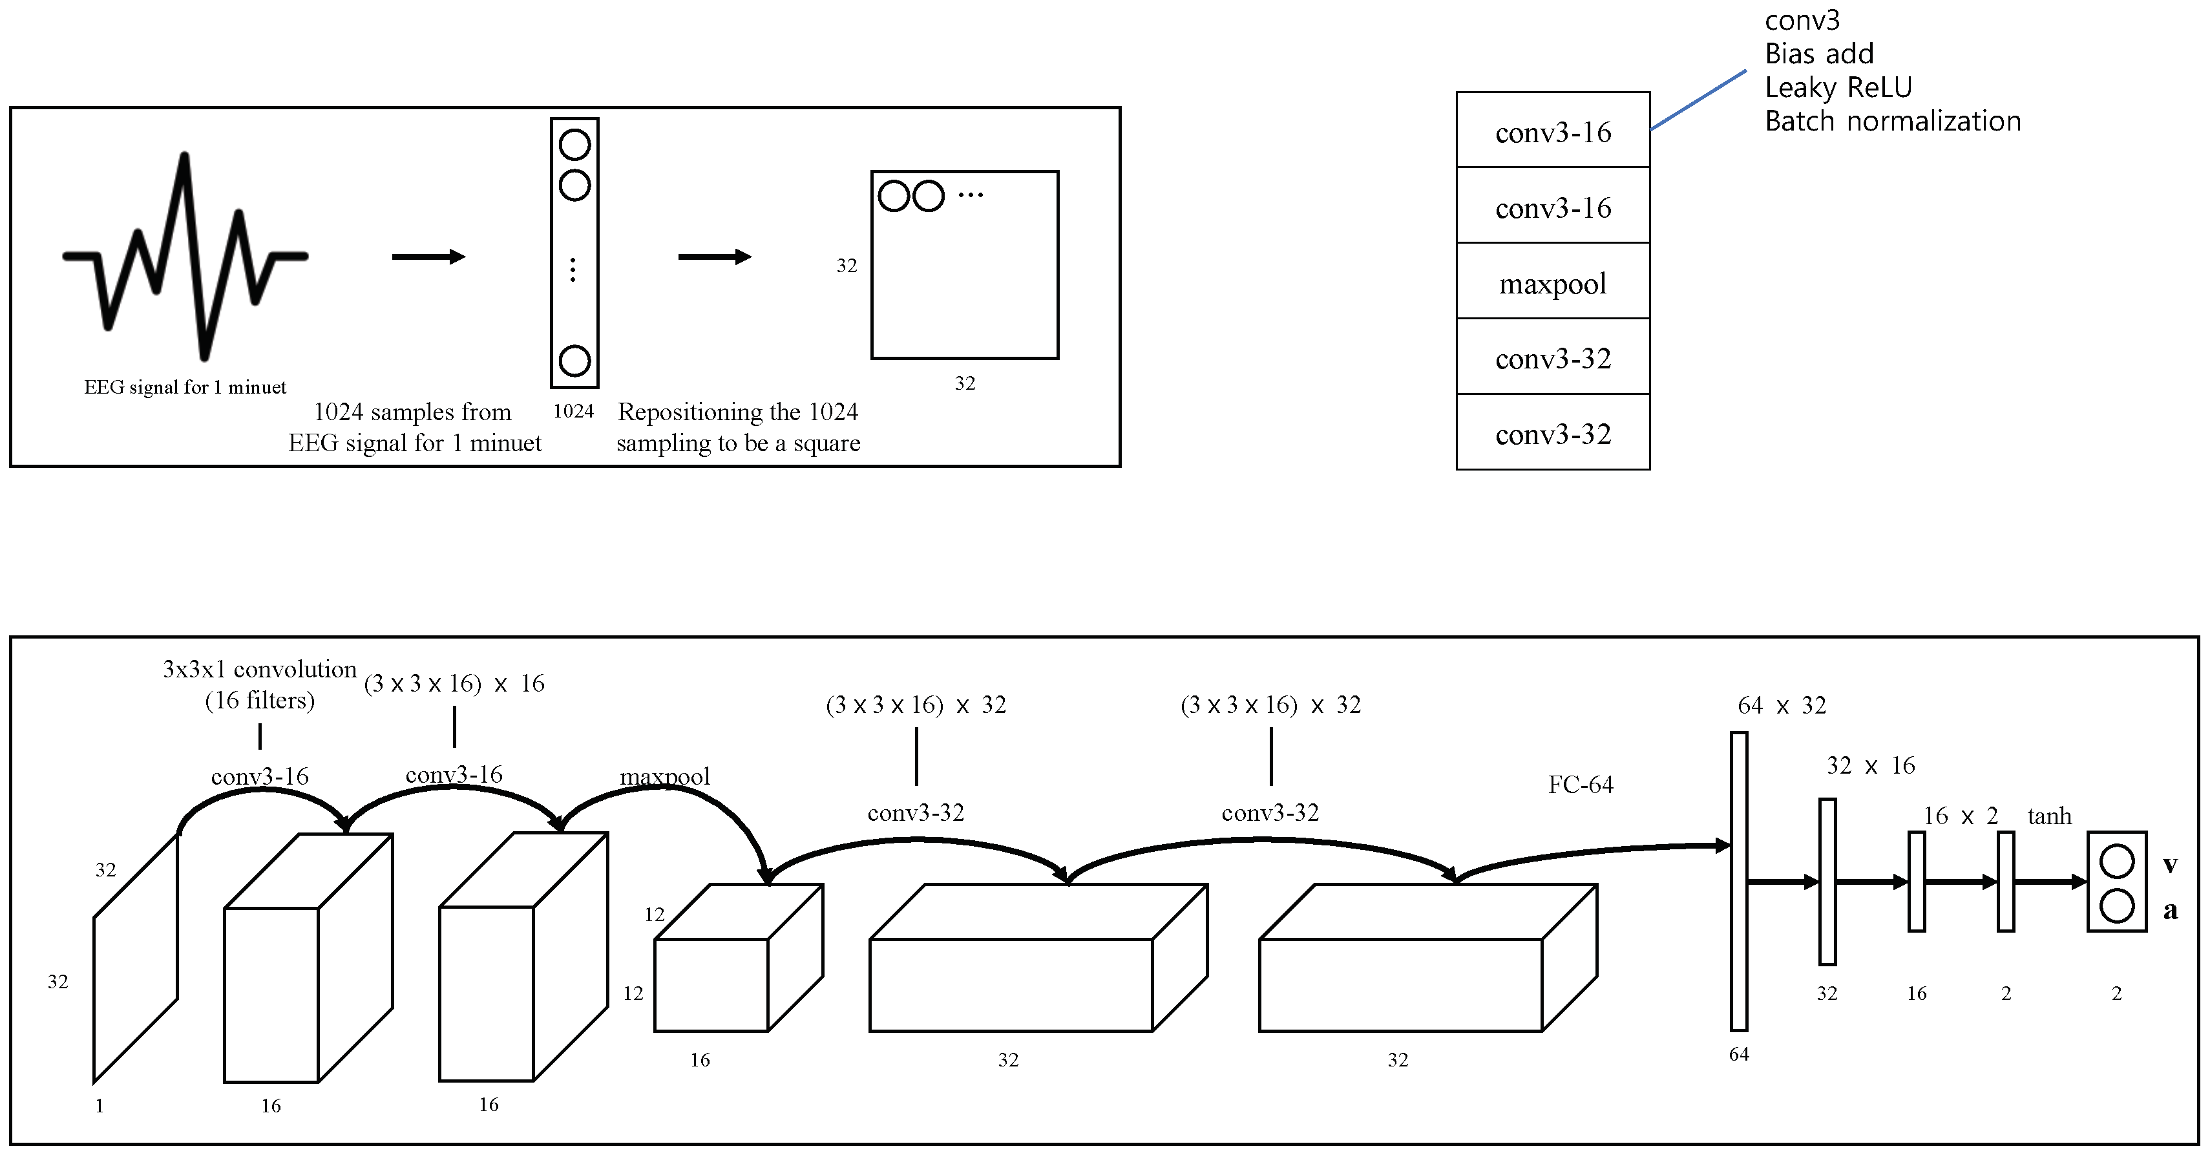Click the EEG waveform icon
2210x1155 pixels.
[x=184, y=256]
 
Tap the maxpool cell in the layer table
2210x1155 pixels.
[x=1552, y=282]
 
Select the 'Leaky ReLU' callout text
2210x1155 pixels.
[x=1838, y=87]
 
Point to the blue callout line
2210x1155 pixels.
[x=1699, y=100]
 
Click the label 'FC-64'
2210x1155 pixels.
[x=1581, y=784]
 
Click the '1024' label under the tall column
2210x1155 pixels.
[x=573, y=411]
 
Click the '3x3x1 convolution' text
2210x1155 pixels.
[x=259, y=670]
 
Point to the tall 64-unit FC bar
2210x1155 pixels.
[x=1738, y=880]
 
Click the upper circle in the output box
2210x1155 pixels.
[x=2116, y=862]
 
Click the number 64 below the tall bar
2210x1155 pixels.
[x=1738, y=1054]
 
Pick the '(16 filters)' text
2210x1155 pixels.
[x=259, y=700]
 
